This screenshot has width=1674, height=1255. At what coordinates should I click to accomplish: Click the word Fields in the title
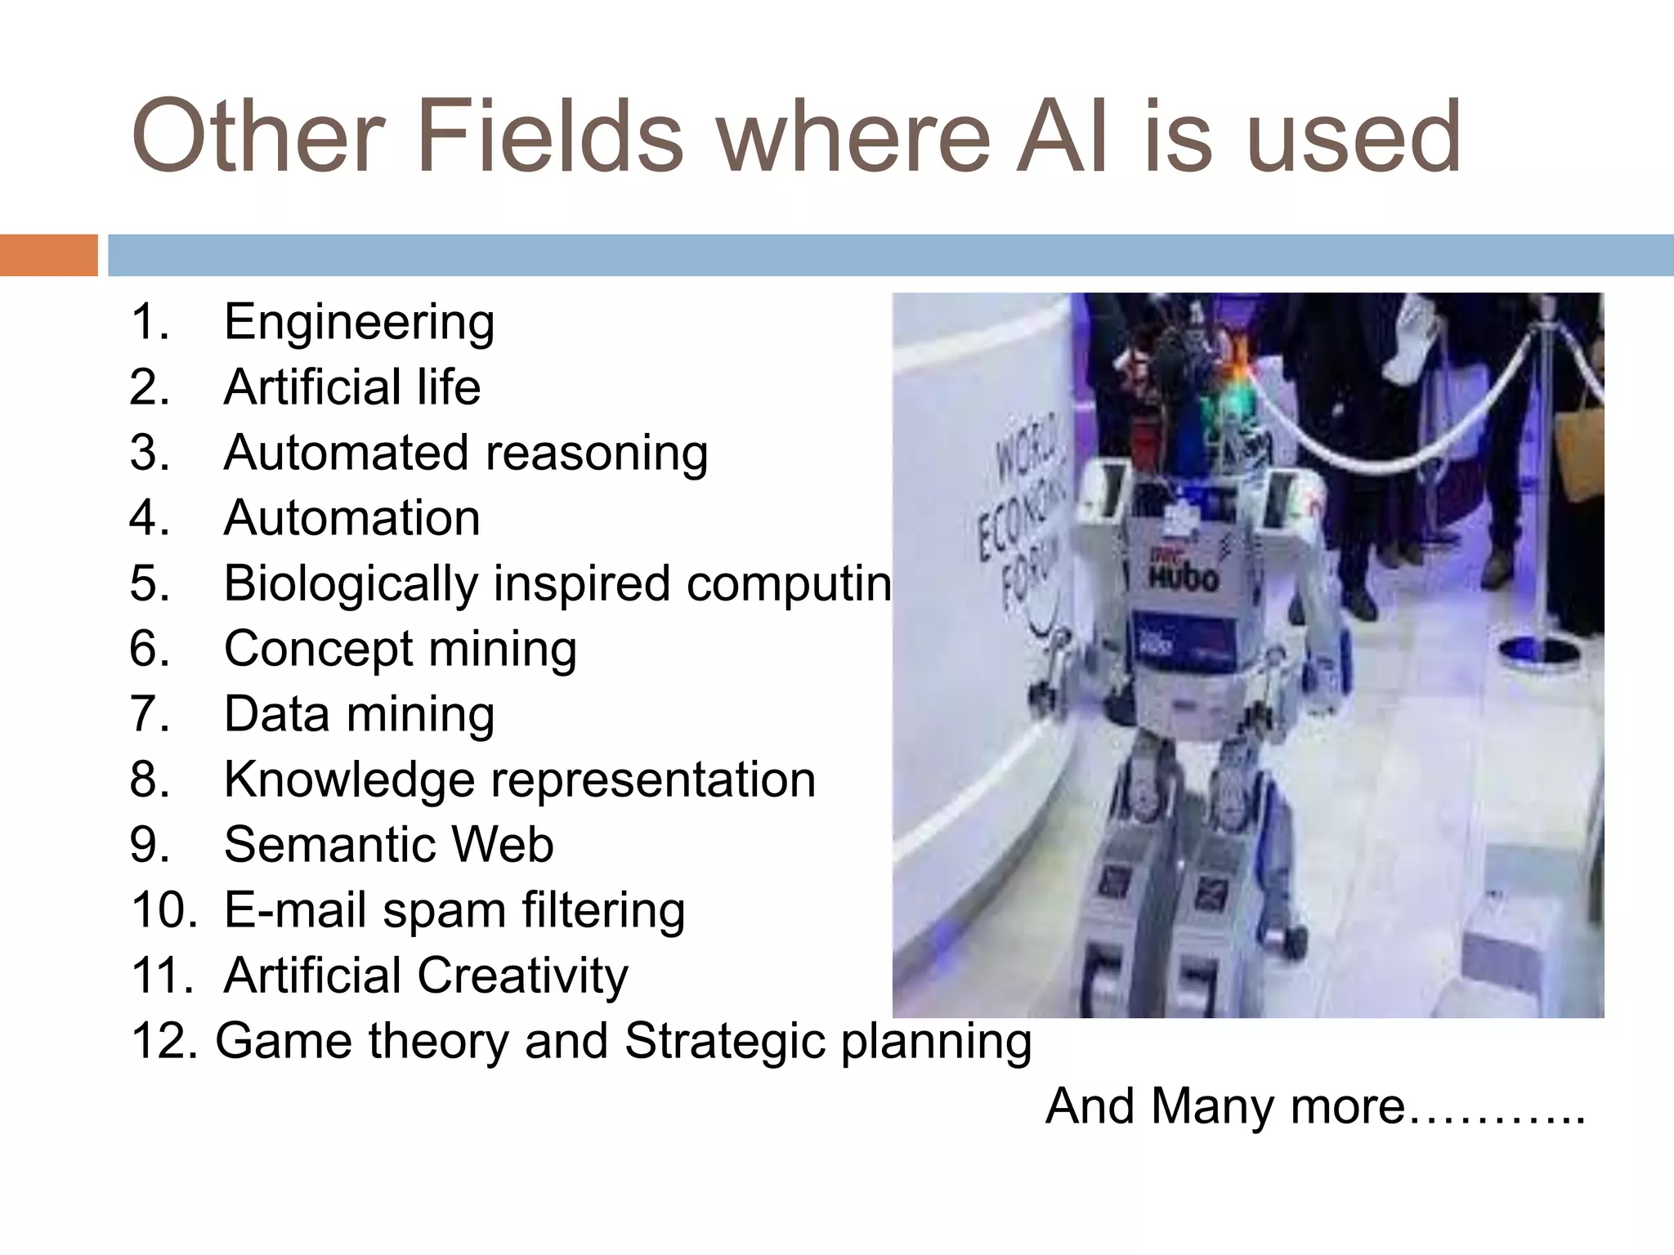pyautogui.click(x=549, y=137)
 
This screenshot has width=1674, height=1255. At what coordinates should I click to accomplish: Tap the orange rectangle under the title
pyautogui.click(x=48, y=255)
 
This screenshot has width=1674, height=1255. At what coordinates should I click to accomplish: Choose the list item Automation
pyautogui.click(x=351, y=518)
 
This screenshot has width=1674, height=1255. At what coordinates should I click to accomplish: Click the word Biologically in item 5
pyautogui.click(x=351, y=583)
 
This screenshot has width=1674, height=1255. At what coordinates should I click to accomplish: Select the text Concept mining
pyautogui.click(x=400, y=649)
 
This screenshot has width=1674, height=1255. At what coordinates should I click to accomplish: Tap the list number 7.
pyautogui.click(x=149, y=714)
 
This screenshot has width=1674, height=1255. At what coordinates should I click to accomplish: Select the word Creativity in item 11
pyautogui.click(x=522, y=976)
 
